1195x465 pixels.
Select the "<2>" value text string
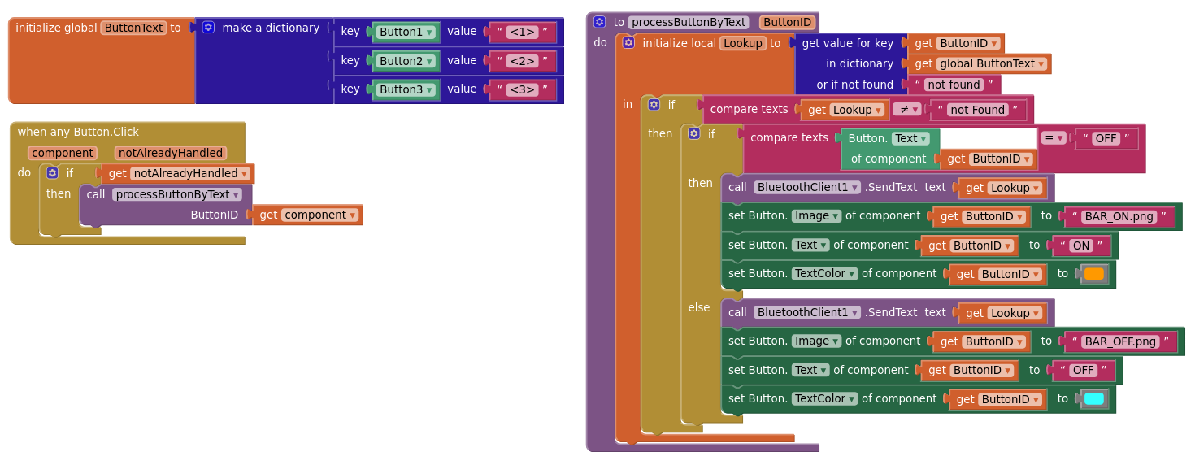522,61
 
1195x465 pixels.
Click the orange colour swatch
1094,274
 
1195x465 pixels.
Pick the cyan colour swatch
1094,399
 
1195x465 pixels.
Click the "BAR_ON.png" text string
1119,216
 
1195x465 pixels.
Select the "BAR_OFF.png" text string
1121,341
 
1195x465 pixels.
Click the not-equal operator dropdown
907,110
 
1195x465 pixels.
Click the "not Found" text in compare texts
977,110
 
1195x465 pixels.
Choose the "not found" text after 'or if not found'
954,85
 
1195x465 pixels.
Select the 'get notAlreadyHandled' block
178,173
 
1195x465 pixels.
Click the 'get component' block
308,215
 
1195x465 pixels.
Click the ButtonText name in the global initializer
133,28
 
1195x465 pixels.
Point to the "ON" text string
1081,246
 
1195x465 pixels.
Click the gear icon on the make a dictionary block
208,28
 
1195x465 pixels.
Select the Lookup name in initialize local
743,43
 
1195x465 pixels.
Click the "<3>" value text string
522,89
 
